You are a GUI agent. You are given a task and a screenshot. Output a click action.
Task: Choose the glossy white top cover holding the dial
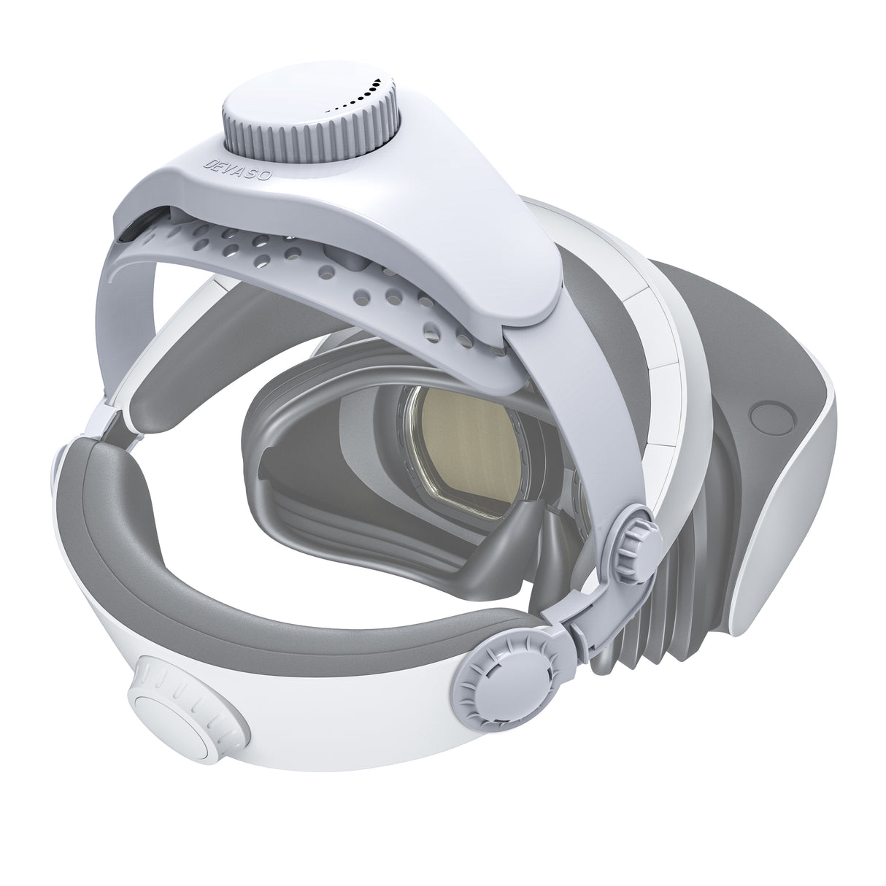click(438, 219)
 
